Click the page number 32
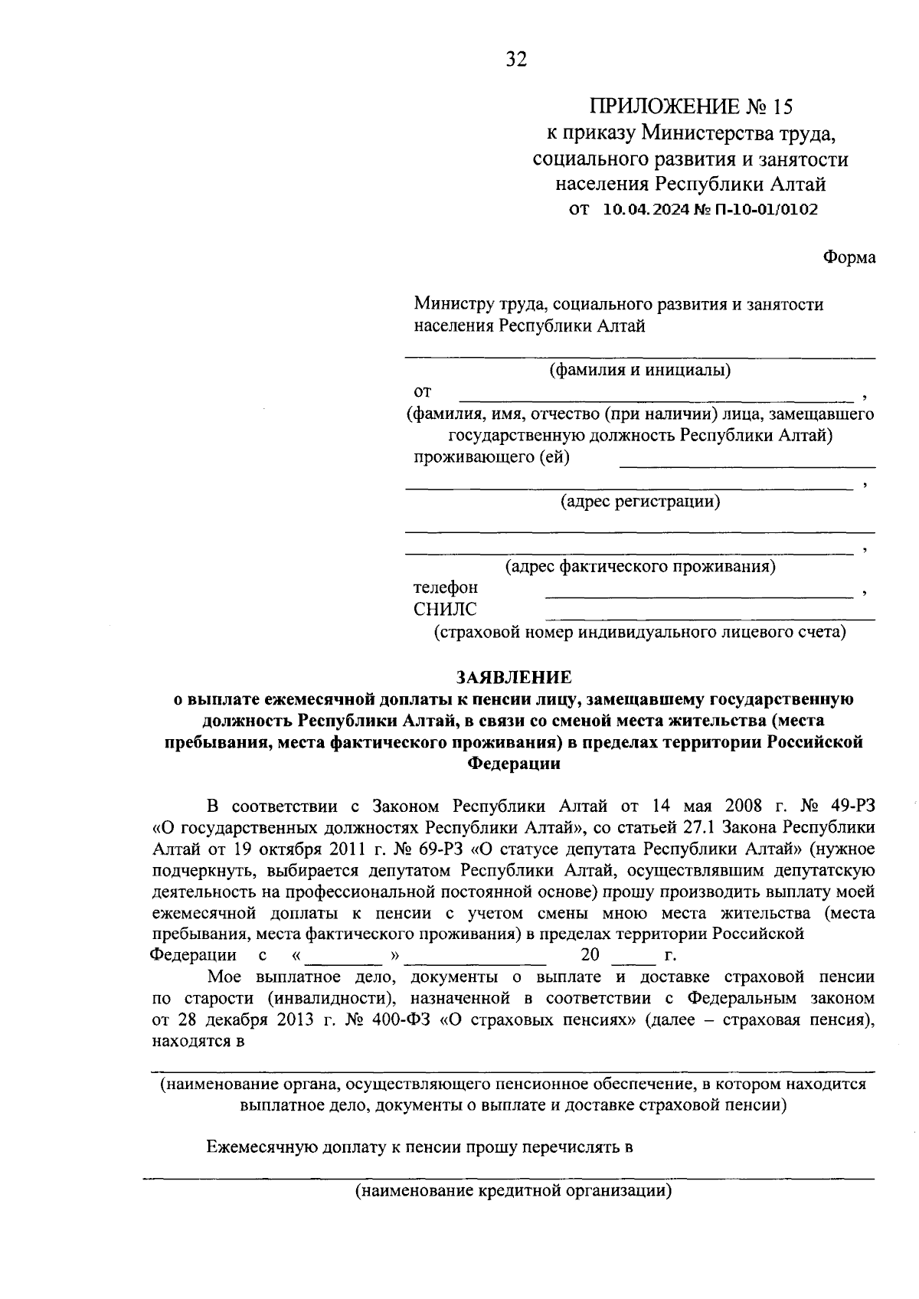tap(516, 60)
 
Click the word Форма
tap(849, 257)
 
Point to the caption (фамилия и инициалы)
tap(640, 371)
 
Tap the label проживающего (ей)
tap(492, 458)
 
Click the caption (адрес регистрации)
tap(640, 502)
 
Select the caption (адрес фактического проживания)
tap(640, 568)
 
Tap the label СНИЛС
tap(445, 610)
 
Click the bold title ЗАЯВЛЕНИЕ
tap(514, 678)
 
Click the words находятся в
tap(198, 1042)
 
